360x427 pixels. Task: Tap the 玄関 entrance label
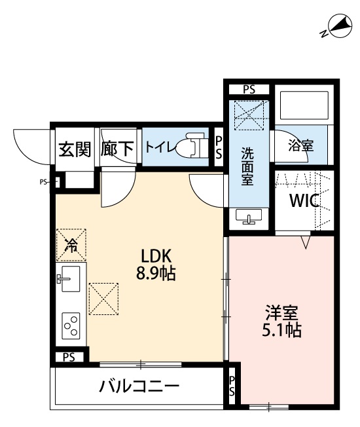74,149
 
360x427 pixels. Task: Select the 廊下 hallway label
118,149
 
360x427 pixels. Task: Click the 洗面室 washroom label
247,167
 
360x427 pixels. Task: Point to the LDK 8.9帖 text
155,265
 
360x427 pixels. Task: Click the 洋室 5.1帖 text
281,321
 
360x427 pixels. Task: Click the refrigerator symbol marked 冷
71,244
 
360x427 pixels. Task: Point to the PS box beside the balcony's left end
69,358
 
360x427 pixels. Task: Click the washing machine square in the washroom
249,115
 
